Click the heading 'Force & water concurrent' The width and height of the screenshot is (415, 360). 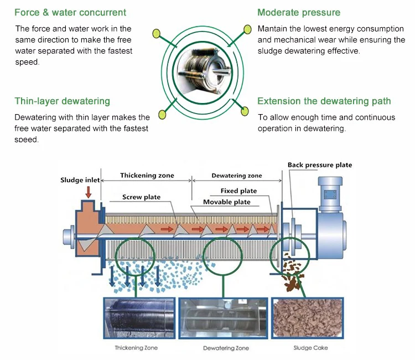click(70, 12)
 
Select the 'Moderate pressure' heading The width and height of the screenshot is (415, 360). click(299, 12)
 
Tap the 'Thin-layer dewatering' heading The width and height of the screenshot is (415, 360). click(62, 101)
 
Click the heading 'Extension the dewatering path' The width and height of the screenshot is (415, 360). click(324, 101)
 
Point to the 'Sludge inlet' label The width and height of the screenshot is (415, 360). click(80, 180)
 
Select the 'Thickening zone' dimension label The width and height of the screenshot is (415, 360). click(147, 176)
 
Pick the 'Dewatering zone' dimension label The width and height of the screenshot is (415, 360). click(237, 176)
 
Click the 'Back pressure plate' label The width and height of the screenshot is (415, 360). click(319, 165)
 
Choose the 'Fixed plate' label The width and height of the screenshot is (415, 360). click(238, 191)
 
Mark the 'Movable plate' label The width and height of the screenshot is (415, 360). click(226, 202)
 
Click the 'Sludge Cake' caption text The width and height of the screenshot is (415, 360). click(310, 348)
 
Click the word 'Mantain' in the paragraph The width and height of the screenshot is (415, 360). click(272, 28)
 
